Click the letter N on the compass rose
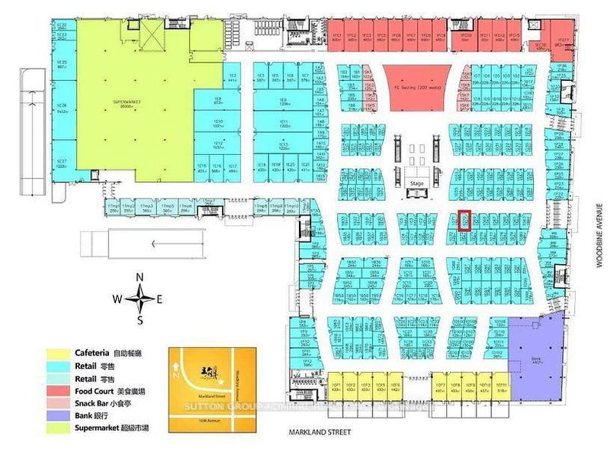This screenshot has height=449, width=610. [x=140, y=276]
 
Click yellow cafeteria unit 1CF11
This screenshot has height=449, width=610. [x=501, y=385]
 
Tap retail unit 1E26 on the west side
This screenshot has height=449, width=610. [x=62, y=106]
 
